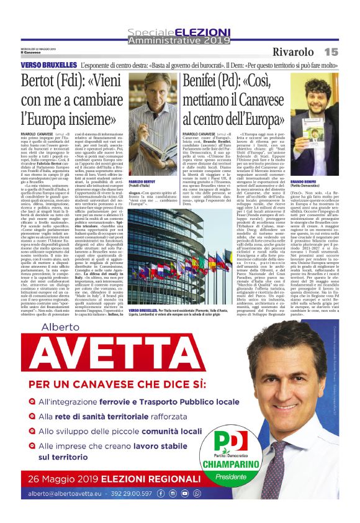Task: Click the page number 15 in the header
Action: pos(330,52)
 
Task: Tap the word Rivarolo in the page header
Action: pos(293,52)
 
